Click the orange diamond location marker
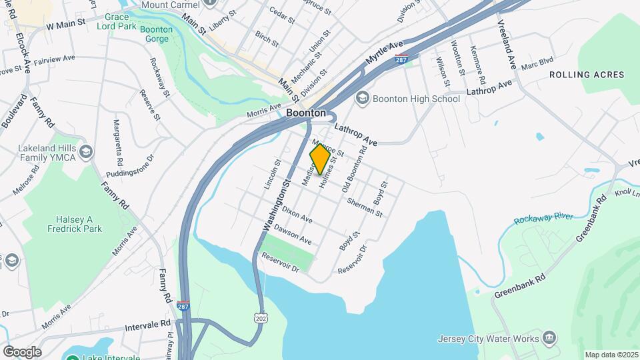[320, 159]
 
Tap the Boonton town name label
[306, 113]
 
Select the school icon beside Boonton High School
[363, 99]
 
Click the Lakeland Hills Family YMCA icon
[85, 153]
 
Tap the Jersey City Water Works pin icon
[549, 337]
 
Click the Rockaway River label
[544, 219]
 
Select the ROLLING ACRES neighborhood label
[587, 75]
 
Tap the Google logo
[22, 352]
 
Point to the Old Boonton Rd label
[355, 170]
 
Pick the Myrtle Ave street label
[385, 53]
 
